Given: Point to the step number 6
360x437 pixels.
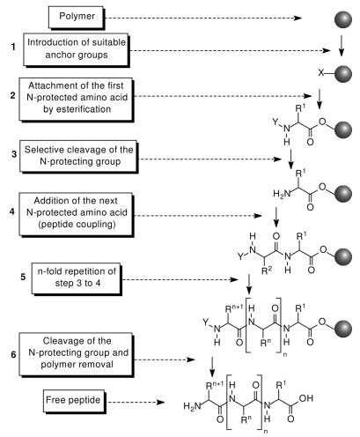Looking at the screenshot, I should [12, 351].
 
